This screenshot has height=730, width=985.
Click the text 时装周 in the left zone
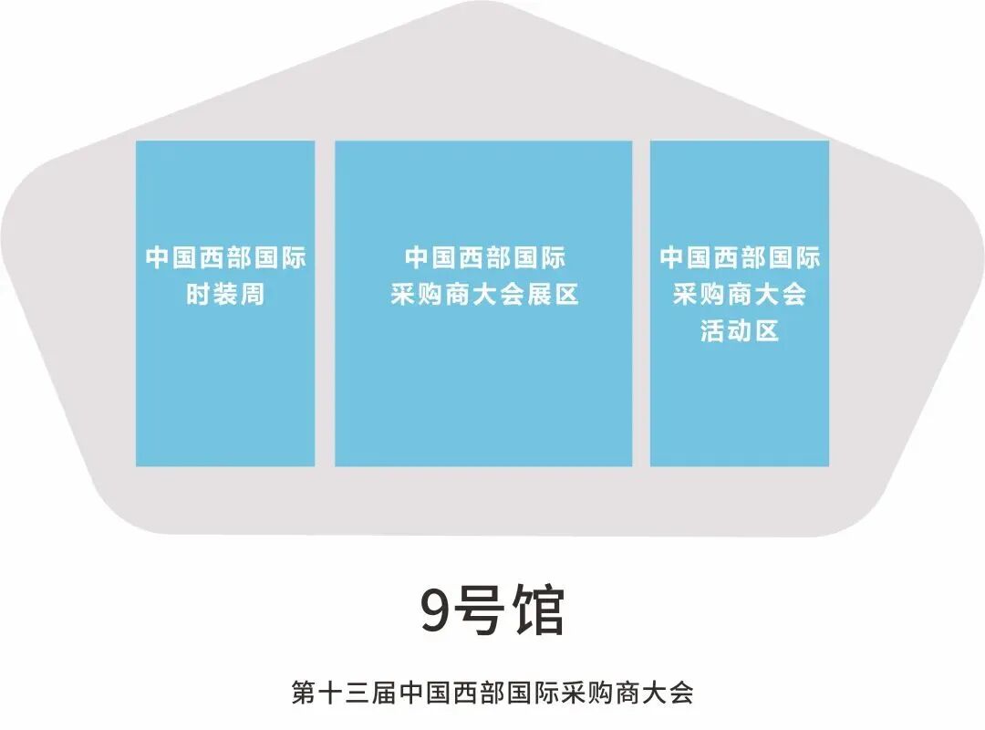click(x=225, y=296)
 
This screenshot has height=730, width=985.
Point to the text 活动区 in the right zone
click(x=740, y=330)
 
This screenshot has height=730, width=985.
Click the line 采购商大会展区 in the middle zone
click(x=484, y=296)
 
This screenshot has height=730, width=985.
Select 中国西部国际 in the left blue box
click(x=225, y=258)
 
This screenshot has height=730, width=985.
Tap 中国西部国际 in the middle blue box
click(x=484, y=258)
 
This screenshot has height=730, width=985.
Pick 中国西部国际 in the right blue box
click(x=740, y=258)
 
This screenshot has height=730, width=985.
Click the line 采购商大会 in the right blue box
click(x=740, y=296)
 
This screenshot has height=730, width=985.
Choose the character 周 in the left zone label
click(x=252, y=296)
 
